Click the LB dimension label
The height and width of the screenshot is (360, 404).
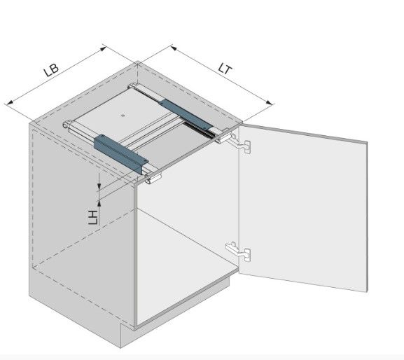[x=51, y=69]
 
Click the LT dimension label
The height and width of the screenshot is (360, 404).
[x=225, y=69]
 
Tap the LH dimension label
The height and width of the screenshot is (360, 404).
[x=93, y=218]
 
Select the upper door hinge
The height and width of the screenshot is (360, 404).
[x=239, y=144]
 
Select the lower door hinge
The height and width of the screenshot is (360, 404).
[x=238, y=251]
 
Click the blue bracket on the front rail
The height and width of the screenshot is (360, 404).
[x=121, y=153]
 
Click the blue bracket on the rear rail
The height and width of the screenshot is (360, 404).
[x=186, y=115]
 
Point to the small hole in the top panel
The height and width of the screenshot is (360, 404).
[x=123, y=116]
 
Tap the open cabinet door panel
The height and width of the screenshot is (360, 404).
[x=303, y=207]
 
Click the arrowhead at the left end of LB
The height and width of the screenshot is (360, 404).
[x=9, y=103]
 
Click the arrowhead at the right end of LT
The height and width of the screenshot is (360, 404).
[x=269, y=103]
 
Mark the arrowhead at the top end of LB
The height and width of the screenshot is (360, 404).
[x=104, y=48]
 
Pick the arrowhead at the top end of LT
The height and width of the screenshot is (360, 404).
[x=174, y=48]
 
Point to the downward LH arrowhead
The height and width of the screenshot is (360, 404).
[x=99, y=186]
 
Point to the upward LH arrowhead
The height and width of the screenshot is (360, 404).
[x=99, y=204]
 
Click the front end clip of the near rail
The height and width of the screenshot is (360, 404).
[x=153, y=179]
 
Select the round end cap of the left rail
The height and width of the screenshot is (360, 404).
[x=67, y=125]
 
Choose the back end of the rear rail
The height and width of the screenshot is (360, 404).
[x=132, y=86]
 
